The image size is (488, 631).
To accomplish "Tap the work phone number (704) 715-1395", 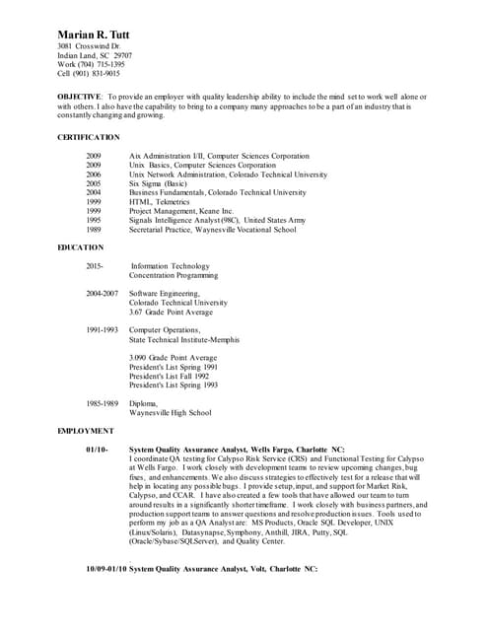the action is point(104,64).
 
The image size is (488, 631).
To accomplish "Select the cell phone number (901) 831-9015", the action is point(99,73).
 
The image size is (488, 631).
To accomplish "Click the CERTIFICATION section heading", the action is point(89,137).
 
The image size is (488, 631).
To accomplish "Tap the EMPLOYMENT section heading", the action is point(86,431).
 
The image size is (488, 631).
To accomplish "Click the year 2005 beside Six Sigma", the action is point(94,183).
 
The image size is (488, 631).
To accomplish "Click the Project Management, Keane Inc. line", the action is point(180,210).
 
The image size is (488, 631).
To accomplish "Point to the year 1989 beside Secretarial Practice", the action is point(94,229).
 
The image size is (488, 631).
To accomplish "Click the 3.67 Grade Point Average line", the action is point(172,312).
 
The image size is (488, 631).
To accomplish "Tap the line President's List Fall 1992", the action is point(169,376).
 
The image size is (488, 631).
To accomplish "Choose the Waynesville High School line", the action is point(170,412).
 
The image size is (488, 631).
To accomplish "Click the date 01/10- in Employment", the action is point(99,450).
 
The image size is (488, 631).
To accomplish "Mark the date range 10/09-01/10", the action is point(106,569).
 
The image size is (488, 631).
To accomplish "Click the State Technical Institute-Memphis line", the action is point(183,339).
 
